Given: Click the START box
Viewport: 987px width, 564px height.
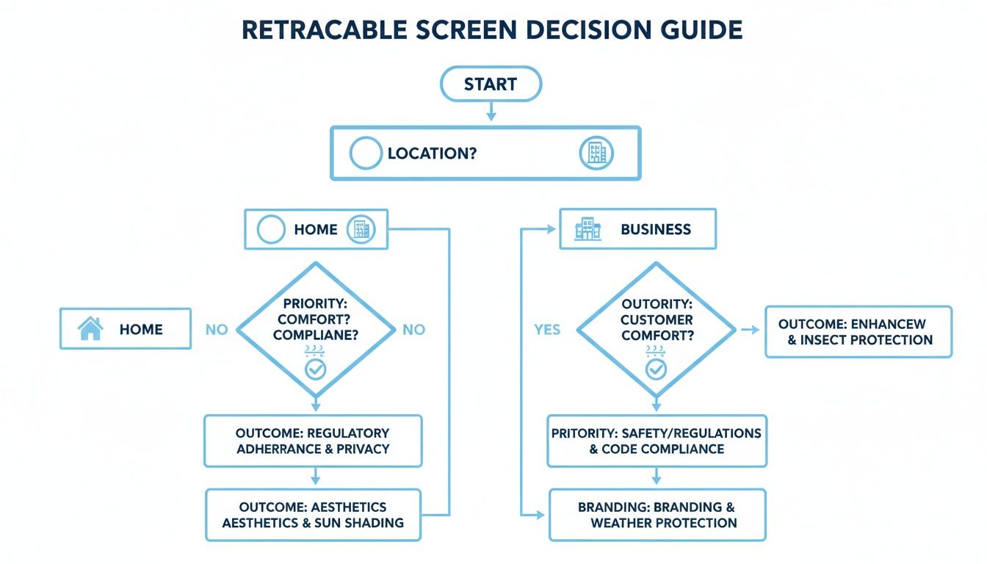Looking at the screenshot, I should point(491,84).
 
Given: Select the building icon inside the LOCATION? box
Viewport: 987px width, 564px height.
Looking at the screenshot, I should point(596,153).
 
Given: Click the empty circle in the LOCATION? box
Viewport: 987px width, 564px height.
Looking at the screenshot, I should point(366,153).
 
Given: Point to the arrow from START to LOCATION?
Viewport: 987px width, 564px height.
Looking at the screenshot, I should point(491,111).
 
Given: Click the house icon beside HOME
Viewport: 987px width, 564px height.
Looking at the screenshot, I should point(90,328).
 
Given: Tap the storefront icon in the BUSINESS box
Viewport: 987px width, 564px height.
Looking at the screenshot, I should point(588,229).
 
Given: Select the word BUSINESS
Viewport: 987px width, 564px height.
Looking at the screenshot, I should point(656,229).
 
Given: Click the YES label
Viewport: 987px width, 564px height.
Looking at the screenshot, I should point(547,330).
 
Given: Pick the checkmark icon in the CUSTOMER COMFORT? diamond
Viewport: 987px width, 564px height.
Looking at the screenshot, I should point(656,369).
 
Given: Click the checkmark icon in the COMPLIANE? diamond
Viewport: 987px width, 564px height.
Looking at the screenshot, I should point(316,369).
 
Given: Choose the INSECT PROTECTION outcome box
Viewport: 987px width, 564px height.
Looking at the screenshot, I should point(858,332).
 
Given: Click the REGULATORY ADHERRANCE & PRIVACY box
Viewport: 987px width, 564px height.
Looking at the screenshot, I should point(313,441).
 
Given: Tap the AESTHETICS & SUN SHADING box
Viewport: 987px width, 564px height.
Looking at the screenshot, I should point(313,515).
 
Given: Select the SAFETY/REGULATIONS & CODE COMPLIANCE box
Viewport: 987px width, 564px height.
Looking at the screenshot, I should point(657,441).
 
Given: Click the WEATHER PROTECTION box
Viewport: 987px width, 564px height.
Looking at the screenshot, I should point(657,515).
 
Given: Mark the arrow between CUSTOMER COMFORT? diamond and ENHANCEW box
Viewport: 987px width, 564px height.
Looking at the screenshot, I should point(750,330).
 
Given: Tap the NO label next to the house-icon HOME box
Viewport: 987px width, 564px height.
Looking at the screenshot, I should point(217,330).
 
